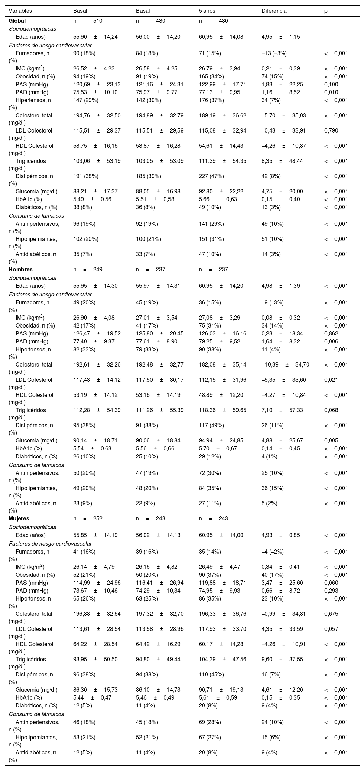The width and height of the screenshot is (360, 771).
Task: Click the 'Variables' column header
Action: point(20,11)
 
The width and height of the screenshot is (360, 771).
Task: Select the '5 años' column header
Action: point(207,11)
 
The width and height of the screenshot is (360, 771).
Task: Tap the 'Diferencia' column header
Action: point(274,11)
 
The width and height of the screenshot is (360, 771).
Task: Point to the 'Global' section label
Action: point(17,21)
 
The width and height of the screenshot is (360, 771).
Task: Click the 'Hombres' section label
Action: point(21,269)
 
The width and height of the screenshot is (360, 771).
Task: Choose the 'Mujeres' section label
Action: point(19,518)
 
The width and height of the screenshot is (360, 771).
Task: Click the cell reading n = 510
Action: point(88,21)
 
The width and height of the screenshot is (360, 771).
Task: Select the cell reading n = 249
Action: point(88,269)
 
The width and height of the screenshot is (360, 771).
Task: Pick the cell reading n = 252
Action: point(88,518)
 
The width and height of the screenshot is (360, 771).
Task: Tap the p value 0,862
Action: point(331,333)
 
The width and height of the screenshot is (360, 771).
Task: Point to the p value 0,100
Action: point(331,84)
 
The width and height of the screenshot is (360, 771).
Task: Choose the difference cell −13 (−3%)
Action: point(274,53)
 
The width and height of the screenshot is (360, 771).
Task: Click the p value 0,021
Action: point(331,380)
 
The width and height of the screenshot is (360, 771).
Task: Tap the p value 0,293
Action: point(331,591)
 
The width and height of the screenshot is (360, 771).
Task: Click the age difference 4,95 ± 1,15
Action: point(281,37)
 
